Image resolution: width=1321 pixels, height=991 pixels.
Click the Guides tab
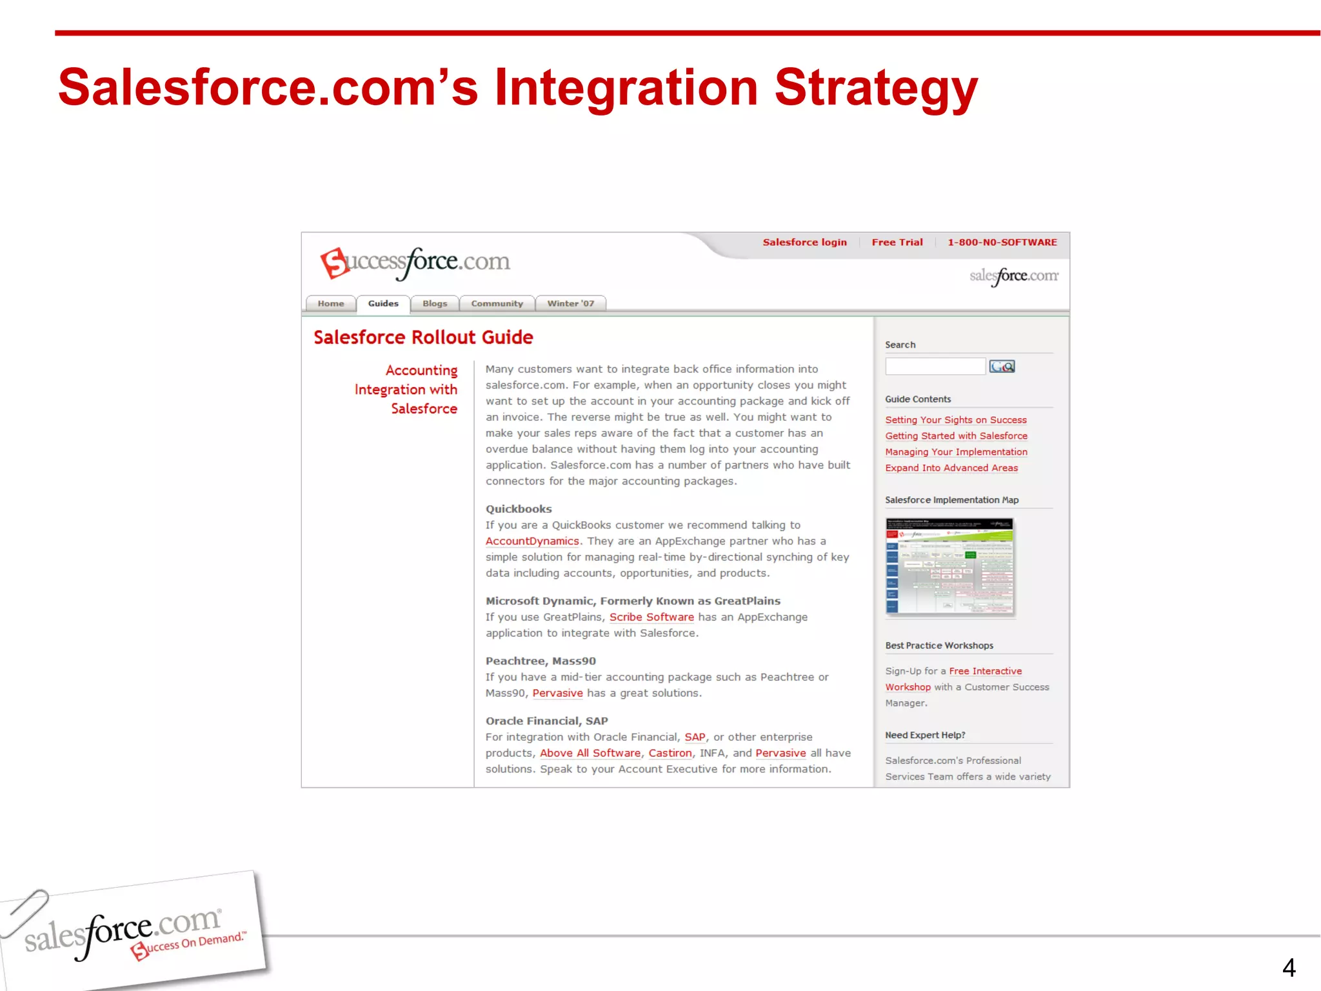tap(383, 303)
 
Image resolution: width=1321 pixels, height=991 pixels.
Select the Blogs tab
tap(435, 303)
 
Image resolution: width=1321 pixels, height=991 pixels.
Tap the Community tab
tap(497, 303)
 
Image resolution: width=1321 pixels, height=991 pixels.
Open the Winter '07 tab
tap(570, 303)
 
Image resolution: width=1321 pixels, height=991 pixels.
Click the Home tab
tap(330, 303)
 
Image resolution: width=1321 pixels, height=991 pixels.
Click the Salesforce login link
tap(804, 243)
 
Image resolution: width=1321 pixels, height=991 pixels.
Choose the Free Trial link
tap(897, 243)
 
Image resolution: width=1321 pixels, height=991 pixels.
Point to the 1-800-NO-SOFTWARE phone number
tap(1002, 243)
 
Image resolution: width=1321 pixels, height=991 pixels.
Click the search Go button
tap(1002, 366)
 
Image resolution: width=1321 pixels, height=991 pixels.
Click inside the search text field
tap(935, 366)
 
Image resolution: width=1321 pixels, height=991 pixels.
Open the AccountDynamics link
tap(532, 541)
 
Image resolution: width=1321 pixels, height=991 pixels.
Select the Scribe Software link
tap(651, 617)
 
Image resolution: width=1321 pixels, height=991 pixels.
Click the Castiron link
tap(670, 754)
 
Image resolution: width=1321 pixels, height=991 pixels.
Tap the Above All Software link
tap(590, 754)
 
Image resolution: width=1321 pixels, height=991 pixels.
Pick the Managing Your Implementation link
tap(956, 452)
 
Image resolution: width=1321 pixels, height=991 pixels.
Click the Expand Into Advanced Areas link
tap(951, 468)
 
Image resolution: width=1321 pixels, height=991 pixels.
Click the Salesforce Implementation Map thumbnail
tap(949, 566)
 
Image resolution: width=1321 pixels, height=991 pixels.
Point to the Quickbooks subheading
tap(519, 509)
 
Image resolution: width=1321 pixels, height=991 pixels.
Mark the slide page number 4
tap(1289, 967)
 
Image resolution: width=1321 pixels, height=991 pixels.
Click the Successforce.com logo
tap(415, 263)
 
